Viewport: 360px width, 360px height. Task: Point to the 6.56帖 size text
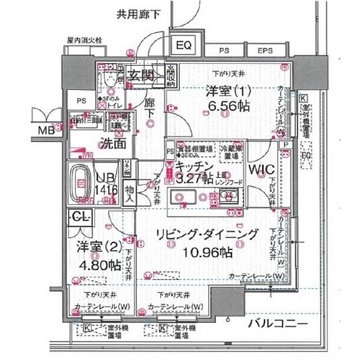[221, 109]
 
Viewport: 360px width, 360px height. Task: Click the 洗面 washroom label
[112, 143]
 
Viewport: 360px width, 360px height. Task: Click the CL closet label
[79, 215]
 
